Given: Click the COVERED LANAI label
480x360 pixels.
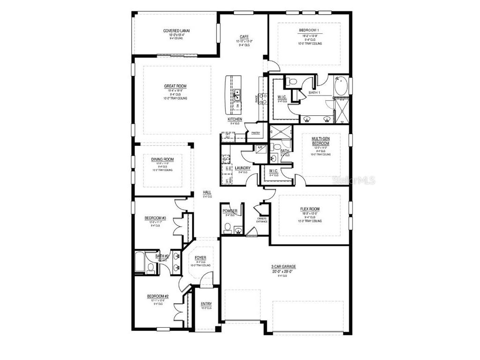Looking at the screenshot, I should [x=176, y=30].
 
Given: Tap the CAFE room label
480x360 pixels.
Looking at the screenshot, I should [x=244, y=37].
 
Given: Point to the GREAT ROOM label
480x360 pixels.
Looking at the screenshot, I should [x=175, y=86].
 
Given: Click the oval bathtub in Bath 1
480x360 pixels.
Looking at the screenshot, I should [x=341, y=86].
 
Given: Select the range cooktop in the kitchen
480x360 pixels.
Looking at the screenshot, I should [x=263, y=98].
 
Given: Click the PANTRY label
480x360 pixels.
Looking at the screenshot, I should [x=255, y=133].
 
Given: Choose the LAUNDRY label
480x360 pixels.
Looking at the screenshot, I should [x=243, y=168].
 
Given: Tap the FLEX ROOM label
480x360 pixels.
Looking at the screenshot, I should [x=310, y=209].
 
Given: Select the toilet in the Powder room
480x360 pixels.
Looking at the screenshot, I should [x=228, y=228].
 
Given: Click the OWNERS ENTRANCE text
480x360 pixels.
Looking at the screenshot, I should [x=262, y=220].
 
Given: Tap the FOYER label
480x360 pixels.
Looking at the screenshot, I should [x=201, y=257].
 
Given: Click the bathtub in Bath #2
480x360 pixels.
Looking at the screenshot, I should [x=139, y=263].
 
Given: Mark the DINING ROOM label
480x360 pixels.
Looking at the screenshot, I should [x=162, y=159].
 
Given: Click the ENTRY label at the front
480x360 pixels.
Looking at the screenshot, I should [x=206, y=304].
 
